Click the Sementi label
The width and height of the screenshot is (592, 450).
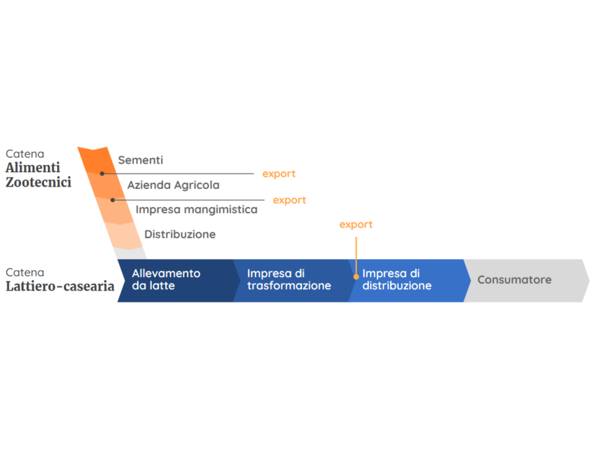(141, 160)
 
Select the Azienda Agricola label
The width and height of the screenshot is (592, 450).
(173, 185)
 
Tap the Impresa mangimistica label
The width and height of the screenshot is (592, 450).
(196, 210)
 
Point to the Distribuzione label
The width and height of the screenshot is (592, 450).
(180, 234)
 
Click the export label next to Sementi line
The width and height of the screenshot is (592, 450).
(279, 174)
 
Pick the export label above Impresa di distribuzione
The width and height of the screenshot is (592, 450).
(356, 224)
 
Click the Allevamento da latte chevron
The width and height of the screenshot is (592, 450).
(178, 281)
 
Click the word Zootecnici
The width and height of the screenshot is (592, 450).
(38, 182)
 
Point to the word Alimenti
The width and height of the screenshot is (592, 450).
(33, 167)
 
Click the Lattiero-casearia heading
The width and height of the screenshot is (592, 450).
(60, 286)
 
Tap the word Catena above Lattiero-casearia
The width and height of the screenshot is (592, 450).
(25, 272)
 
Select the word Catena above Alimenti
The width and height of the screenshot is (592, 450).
(25, 154)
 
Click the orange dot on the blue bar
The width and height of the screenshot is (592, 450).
(356, 277)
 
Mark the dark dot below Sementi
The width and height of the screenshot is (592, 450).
(102, 173)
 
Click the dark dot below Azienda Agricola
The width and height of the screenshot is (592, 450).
(113, 200)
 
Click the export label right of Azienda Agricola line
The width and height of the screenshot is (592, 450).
(289, 200)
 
